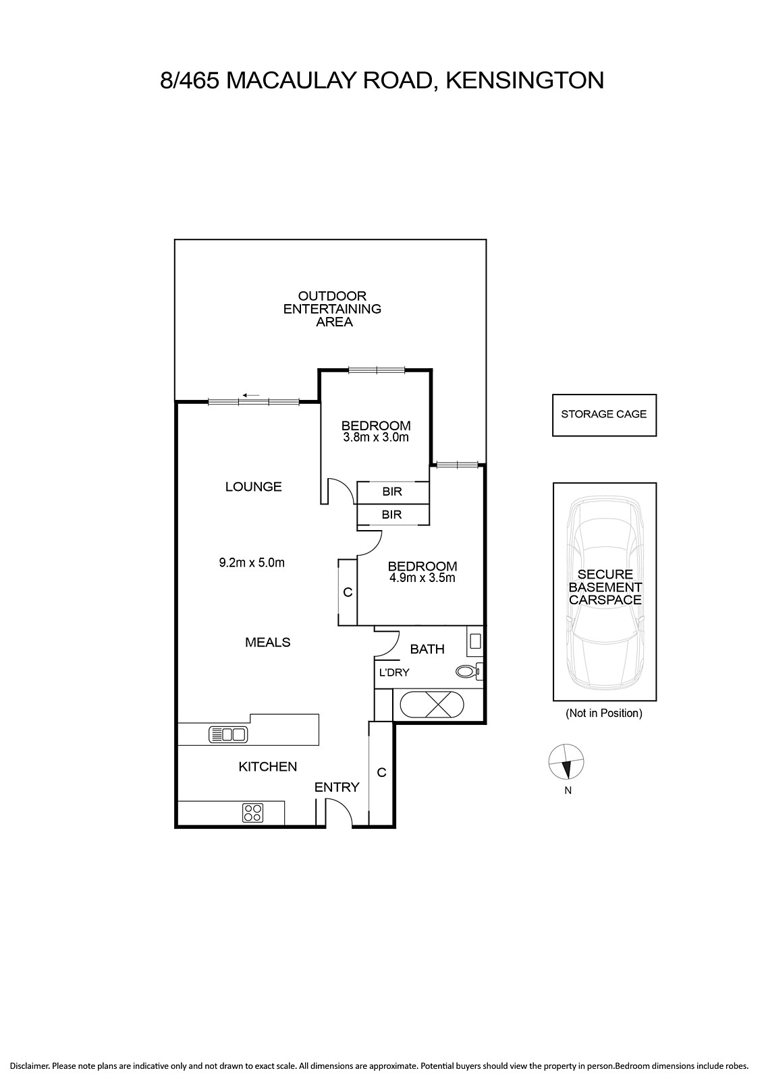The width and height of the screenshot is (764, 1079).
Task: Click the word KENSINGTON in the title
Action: pos(524,80)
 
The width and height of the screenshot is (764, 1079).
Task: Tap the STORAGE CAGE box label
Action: pos(603,414)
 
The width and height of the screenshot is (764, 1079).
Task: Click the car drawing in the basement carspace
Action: pos(605,592)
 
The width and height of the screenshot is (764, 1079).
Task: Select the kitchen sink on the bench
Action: pos(228,734)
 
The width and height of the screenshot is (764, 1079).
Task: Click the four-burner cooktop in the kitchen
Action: pos(252,813)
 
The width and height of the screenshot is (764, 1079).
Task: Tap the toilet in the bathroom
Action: pos(468,671)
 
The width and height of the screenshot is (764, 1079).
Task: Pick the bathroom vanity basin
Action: pos(475,641)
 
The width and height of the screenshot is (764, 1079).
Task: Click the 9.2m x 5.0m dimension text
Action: pos(252,562)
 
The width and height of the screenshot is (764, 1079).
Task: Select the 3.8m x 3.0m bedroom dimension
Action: pos(376,438)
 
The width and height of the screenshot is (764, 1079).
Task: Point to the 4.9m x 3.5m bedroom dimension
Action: pos(422,578)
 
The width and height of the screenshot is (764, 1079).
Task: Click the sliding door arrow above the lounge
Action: pos(251,395)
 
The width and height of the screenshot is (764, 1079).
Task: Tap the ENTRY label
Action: pos(337,787)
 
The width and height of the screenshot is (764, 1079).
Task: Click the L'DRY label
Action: pos(393,672)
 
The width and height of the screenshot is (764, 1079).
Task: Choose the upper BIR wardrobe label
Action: pos(392,492)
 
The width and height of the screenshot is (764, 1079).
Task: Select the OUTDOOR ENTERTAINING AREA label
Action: pos(332,309)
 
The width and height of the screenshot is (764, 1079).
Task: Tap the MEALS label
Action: pos(267,642)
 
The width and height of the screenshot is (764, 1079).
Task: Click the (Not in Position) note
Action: pos(604,713)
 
